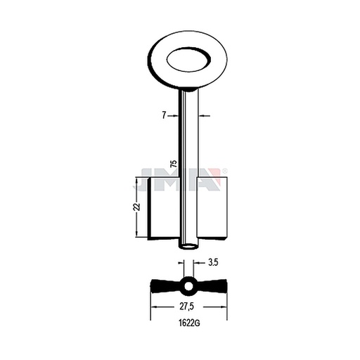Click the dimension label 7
pos(164,115)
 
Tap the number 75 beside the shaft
pos(174,163)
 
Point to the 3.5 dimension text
pos(213,262)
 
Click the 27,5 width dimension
pos(187,307)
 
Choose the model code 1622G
pos(189,323)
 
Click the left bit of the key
pos(163,208)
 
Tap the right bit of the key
pos(212,208)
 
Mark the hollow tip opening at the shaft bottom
pos(188,247)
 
